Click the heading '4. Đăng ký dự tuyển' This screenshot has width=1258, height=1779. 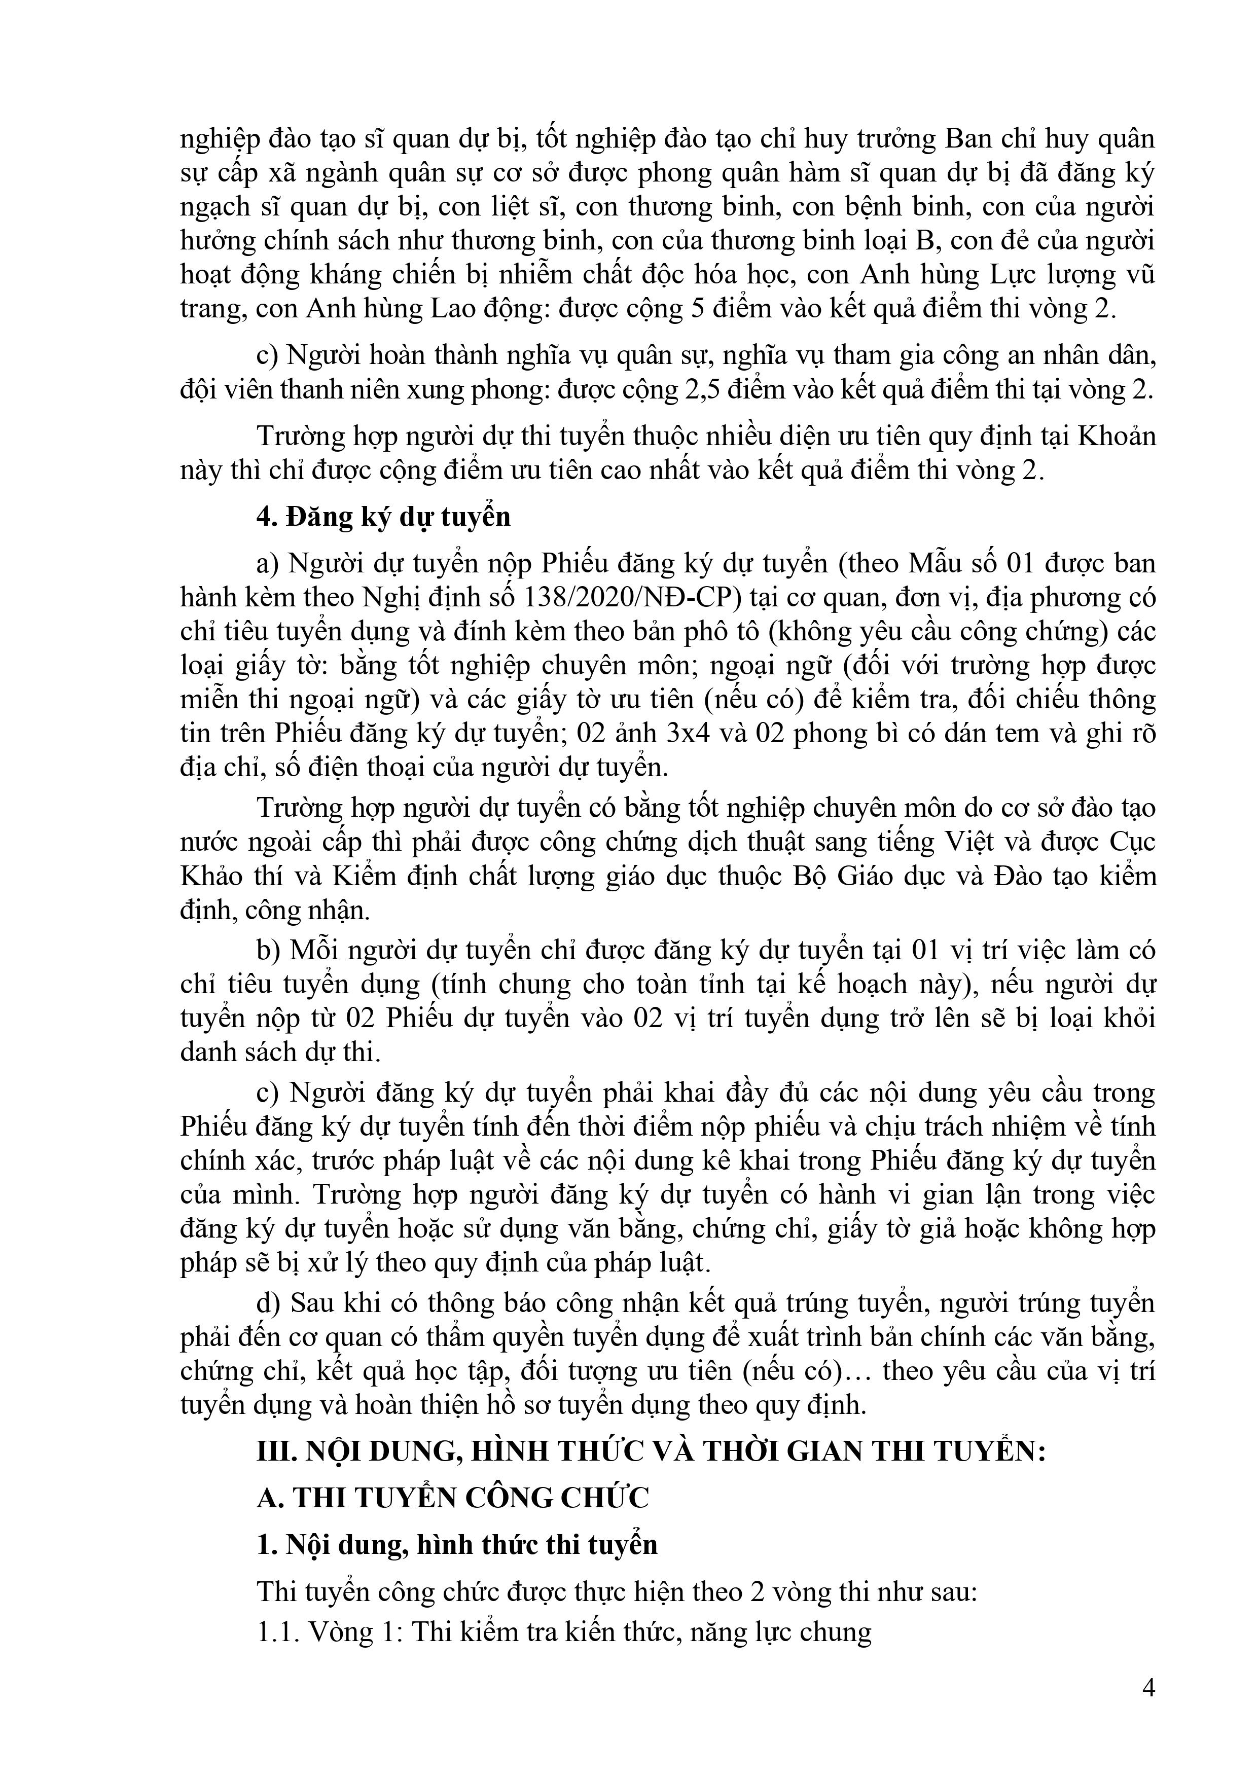(384, 517)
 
